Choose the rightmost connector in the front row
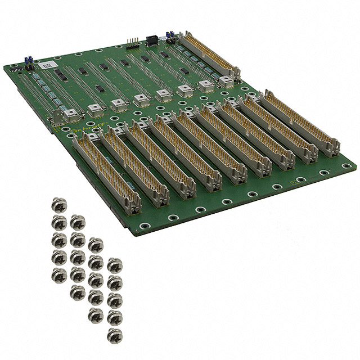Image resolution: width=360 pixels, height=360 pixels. [x=301, y=122]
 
